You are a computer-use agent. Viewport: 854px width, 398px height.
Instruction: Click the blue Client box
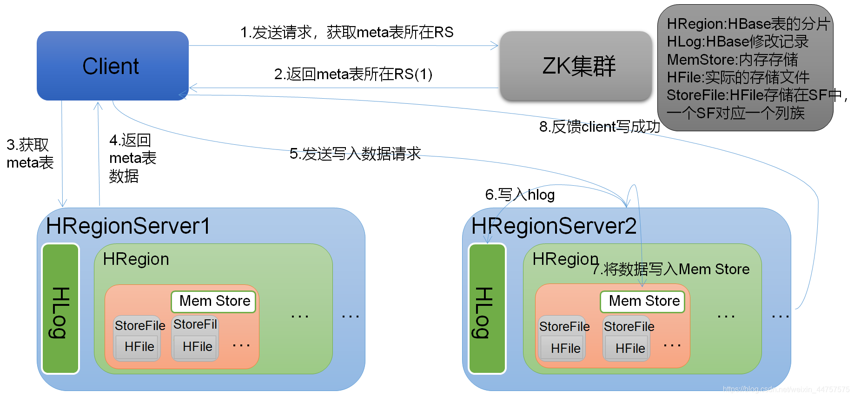[x=113, y=66]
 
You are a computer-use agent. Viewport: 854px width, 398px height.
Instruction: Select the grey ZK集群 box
[x=576, y=66]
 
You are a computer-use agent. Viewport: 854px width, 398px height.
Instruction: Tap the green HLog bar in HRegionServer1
[x=60, y=309]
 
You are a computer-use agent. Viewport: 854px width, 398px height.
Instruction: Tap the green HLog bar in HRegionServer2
[x=487, y=309]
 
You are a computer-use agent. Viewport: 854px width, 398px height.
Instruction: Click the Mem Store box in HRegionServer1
[x=214, y=301]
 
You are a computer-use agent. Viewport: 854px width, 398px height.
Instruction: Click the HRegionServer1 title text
[x=128, y=226]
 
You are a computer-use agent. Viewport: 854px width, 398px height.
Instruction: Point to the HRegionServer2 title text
[x=553, y=226]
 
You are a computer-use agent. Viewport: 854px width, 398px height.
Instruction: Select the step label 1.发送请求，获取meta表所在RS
[x=346, y=32]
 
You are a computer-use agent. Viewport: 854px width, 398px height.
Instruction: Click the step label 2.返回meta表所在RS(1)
[x=353, y=74]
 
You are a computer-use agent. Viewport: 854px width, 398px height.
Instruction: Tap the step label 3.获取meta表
[x=29, y=154]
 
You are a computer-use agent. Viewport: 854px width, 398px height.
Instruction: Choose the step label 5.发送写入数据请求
[x=355, y=154]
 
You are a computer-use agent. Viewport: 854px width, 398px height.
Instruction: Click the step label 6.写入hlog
[x=520, y=195]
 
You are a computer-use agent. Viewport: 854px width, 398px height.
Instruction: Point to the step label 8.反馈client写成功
[x=599, y=127]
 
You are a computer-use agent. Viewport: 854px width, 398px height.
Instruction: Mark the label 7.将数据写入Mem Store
[x=670, y=269]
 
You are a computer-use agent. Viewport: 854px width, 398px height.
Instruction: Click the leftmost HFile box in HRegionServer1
[x=139, y=347]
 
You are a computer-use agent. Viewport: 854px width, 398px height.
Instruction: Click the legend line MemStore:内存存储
[x=732, y=60]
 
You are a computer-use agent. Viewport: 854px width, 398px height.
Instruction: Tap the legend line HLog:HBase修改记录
[x=737, y=42]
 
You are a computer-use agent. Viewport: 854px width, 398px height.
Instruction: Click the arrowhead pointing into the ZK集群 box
[x=495, y=46]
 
